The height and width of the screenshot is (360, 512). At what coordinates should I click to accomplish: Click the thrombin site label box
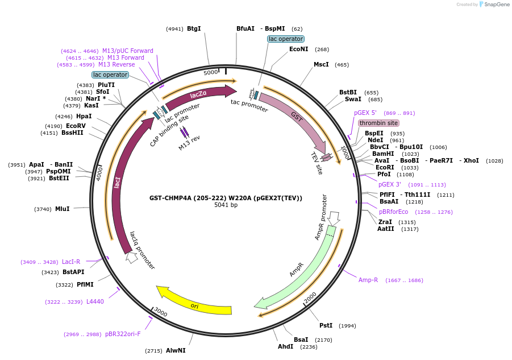click(378, 123)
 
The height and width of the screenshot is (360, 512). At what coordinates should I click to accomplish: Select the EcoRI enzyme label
click(385, 167)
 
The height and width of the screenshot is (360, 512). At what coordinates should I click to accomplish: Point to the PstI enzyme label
click(326, 325)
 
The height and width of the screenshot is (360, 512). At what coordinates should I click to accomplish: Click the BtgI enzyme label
click(194, 28)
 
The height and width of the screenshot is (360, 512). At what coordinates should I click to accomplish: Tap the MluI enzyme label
click(62, 209)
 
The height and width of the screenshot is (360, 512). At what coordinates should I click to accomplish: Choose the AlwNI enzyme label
click(176, 350)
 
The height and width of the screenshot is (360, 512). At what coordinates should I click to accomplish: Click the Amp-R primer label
click(368, 280)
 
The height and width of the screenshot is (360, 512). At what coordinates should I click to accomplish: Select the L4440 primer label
click(95, 301)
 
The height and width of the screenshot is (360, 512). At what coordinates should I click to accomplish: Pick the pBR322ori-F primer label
click(122, 334)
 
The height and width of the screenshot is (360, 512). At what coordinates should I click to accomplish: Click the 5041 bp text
click(226, 205)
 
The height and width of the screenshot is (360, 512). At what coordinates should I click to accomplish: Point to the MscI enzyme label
click(321, 64)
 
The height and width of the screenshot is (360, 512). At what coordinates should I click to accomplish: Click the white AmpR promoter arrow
click(334, 217)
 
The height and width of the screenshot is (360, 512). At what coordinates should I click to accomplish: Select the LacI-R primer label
click(71, 262)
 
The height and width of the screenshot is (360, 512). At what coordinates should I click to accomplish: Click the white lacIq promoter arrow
click(132, 257)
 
